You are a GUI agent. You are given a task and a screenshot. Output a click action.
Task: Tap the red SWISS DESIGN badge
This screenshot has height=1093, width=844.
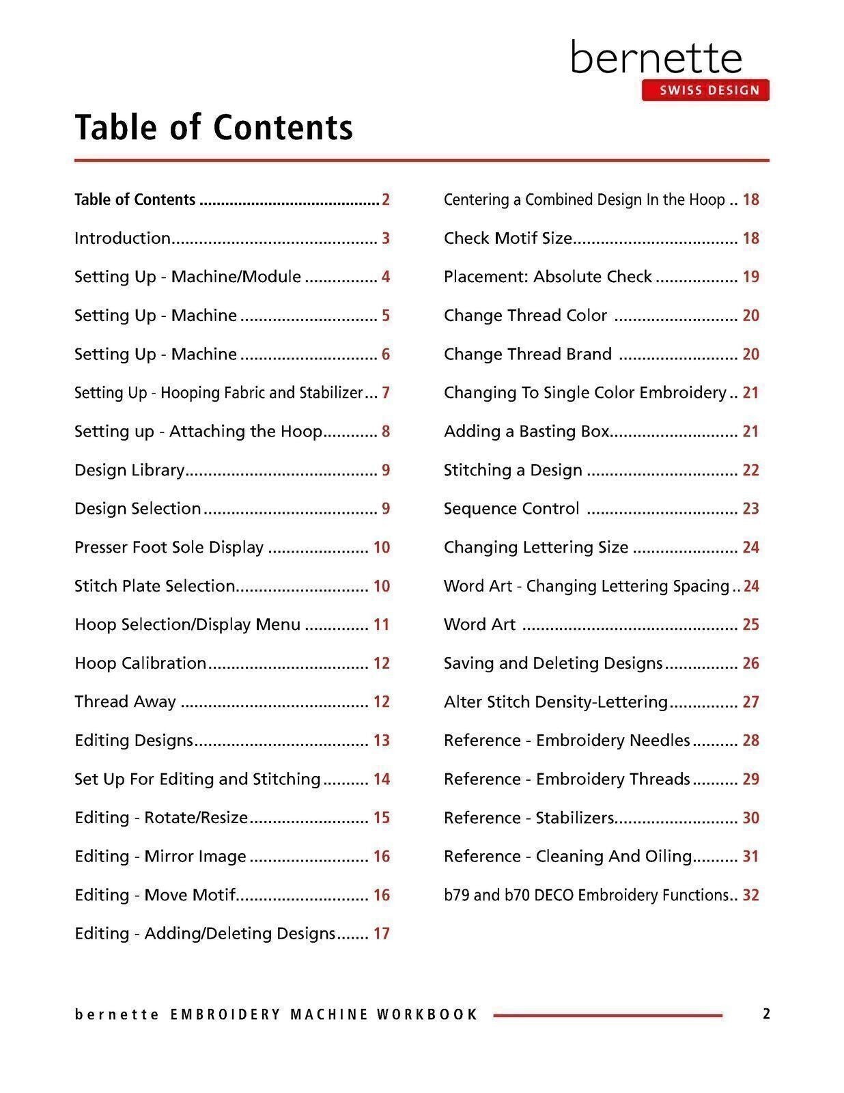tap(705, 90)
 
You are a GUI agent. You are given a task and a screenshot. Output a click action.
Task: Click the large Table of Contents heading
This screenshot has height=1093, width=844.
tap(213, 127)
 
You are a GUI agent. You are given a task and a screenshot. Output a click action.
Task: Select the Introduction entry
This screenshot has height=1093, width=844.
tap(123, 238)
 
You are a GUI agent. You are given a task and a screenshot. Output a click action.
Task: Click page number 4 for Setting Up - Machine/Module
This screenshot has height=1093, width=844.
tap(386, 277)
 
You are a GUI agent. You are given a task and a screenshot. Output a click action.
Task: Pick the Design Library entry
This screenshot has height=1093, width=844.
tap(130, 470)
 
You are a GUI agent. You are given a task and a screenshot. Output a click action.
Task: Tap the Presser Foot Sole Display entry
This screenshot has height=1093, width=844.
tap(169, 547)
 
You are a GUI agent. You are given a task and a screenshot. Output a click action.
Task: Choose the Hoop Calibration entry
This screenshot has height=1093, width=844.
tap(140, 663)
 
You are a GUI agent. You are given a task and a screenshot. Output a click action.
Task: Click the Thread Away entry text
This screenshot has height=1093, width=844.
tap(125, 702)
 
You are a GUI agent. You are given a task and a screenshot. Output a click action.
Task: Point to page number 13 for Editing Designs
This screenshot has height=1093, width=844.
tap(382, 741)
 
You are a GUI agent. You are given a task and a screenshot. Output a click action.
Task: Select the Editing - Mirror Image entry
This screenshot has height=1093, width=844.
tap(160, 857)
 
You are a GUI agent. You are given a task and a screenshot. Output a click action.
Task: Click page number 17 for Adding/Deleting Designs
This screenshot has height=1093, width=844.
tap(382, 934)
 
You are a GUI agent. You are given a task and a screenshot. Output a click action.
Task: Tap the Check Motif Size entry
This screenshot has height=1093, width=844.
tap(508, 238)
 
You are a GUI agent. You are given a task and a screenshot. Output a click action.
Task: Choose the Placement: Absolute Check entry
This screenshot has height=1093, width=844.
tap(548, 277)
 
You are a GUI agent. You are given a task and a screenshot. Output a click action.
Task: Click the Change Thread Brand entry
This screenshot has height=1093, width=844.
tap(527, 354)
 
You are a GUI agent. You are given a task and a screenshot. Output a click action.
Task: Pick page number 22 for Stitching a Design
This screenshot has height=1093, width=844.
tap(750, 470)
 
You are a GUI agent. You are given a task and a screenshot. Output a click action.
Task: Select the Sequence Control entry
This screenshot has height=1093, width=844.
tap(511, 509)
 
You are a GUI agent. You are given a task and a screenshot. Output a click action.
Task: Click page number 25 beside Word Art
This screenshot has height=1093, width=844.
tap(750, 624)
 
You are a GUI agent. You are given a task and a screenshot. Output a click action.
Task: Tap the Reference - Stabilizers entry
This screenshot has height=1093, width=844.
tap(529, 818)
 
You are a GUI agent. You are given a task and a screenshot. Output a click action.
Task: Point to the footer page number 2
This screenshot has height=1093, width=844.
tap(766, 1014)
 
